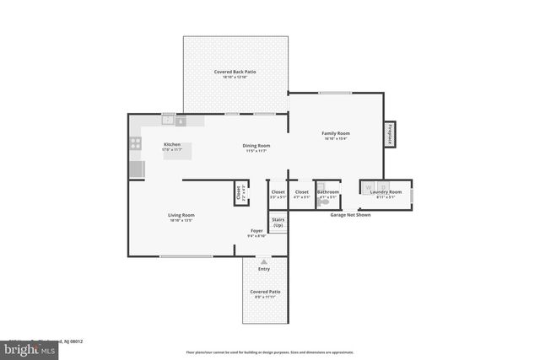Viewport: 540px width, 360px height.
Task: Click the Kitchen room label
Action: tap(172, 144)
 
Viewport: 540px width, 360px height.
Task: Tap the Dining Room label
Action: tap(257, 145)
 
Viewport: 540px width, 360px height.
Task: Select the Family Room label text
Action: tap(336, 133)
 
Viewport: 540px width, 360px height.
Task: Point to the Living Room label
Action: tap(181, 215)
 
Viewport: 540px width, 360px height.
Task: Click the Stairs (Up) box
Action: tap(278, 223)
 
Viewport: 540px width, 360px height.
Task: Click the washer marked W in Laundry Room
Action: tap(369, 187)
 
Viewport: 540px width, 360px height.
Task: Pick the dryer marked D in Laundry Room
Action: tap(383, 187)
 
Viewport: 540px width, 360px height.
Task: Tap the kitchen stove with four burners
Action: tap(135, 144)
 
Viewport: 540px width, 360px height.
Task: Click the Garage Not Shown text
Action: tap(350, 214)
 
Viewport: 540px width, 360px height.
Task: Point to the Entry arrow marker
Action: tap(264, 262)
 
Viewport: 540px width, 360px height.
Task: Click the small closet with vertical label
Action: tap(240, 194)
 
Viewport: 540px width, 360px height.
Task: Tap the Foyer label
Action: tap(256, 230)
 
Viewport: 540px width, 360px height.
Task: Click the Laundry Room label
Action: tap(386, 192)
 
